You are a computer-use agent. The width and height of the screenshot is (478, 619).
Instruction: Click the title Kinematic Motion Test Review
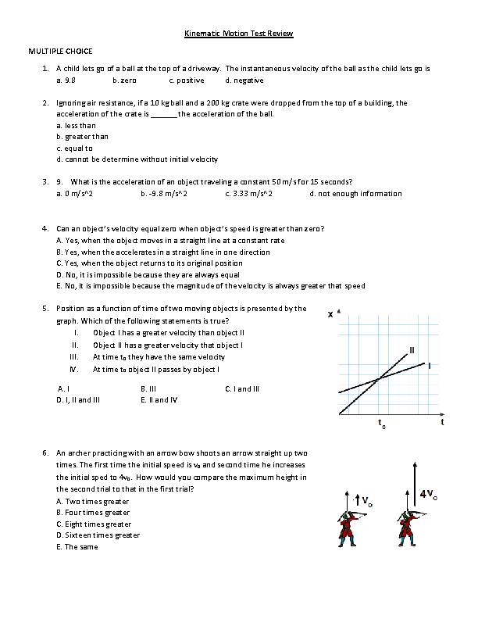238,34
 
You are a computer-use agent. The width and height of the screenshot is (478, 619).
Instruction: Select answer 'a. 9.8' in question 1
66,81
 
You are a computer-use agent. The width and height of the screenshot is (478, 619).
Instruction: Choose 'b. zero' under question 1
124,81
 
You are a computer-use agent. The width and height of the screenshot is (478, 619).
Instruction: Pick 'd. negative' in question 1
244,81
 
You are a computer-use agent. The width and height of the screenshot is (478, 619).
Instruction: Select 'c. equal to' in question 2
74,148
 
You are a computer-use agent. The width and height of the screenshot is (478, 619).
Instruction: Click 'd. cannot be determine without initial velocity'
137,159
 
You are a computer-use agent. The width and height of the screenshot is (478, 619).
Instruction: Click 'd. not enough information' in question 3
355,194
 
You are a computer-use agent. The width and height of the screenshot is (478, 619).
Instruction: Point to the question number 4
45,229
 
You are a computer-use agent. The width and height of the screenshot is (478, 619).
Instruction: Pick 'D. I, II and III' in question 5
78,400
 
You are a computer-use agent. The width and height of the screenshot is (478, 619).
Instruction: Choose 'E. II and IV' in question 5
159,400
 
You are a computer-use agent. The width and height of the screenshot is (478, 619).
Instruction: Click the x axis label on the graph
330,315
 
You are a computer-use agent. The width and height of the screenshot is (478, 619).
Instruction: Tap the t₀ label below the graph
381,425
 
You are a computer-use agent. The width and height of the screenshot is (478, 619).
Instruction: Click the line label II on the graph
412,349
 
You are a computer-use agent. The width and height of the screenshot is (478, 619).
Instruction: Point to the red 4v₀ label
428,494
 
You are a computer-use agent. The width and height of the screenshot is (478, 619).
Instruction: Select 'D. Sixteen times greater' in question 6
98,536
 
